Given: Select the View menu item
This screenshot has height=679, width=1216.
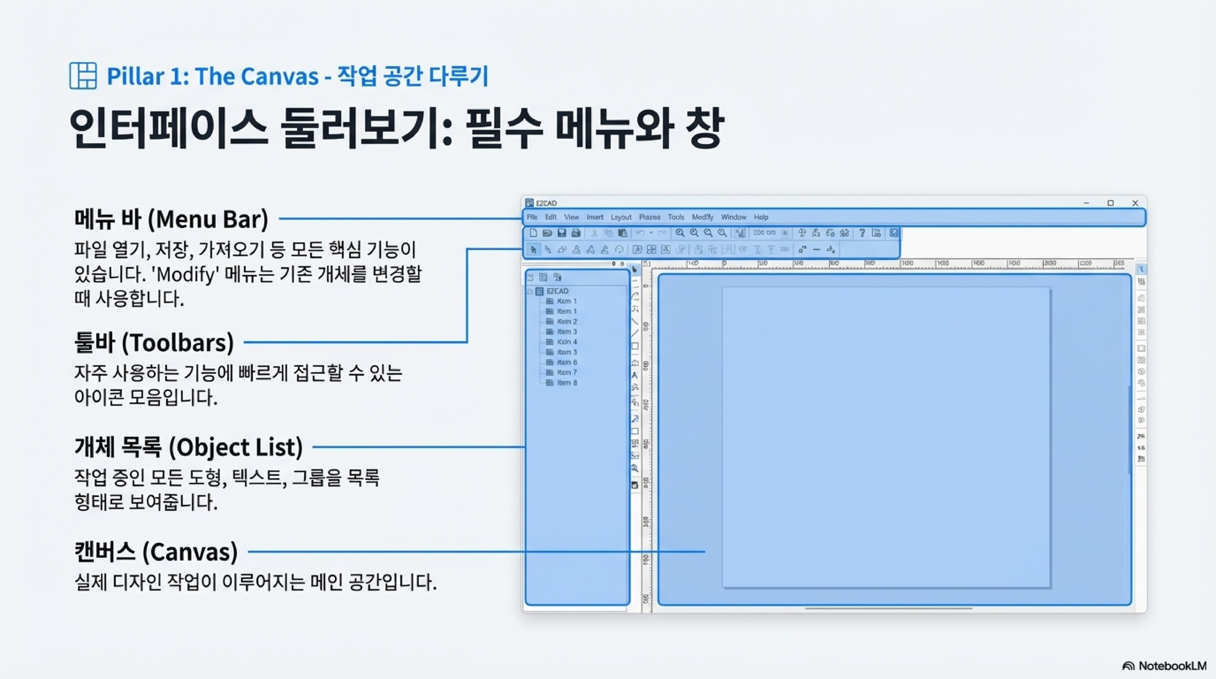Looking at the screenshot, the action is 571,217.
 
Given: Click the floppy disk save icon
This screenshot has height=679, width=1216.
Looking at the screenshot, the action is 561,233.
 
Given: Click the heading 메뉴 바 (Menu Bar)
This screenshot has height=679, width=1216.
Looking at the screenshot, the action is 171,219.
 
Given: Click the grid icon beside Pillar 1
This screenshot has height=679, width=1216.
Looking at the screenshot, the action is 83,76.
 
